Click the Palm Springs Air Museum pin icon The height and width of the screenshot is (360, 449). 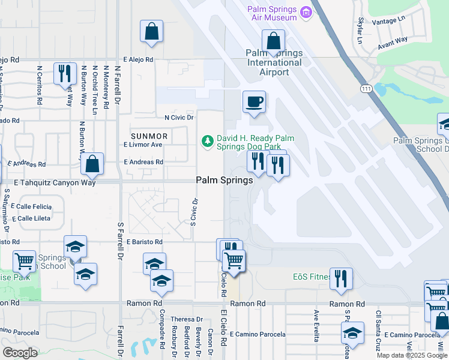307,12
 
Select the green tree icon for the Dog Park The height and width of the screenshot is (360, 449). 207,141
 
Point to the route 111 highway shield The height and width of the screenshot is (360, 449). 366,89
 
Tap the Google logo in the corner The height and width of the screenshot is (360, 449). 20,352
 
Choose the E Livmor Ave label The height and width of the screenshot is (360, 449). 143,145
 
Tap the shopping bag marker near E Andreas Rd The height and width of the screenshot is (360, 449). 92,163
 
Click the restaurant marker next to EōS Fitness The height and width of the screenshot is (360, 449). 341,278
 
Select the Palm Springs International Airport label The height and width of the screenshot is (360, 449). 274,62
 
